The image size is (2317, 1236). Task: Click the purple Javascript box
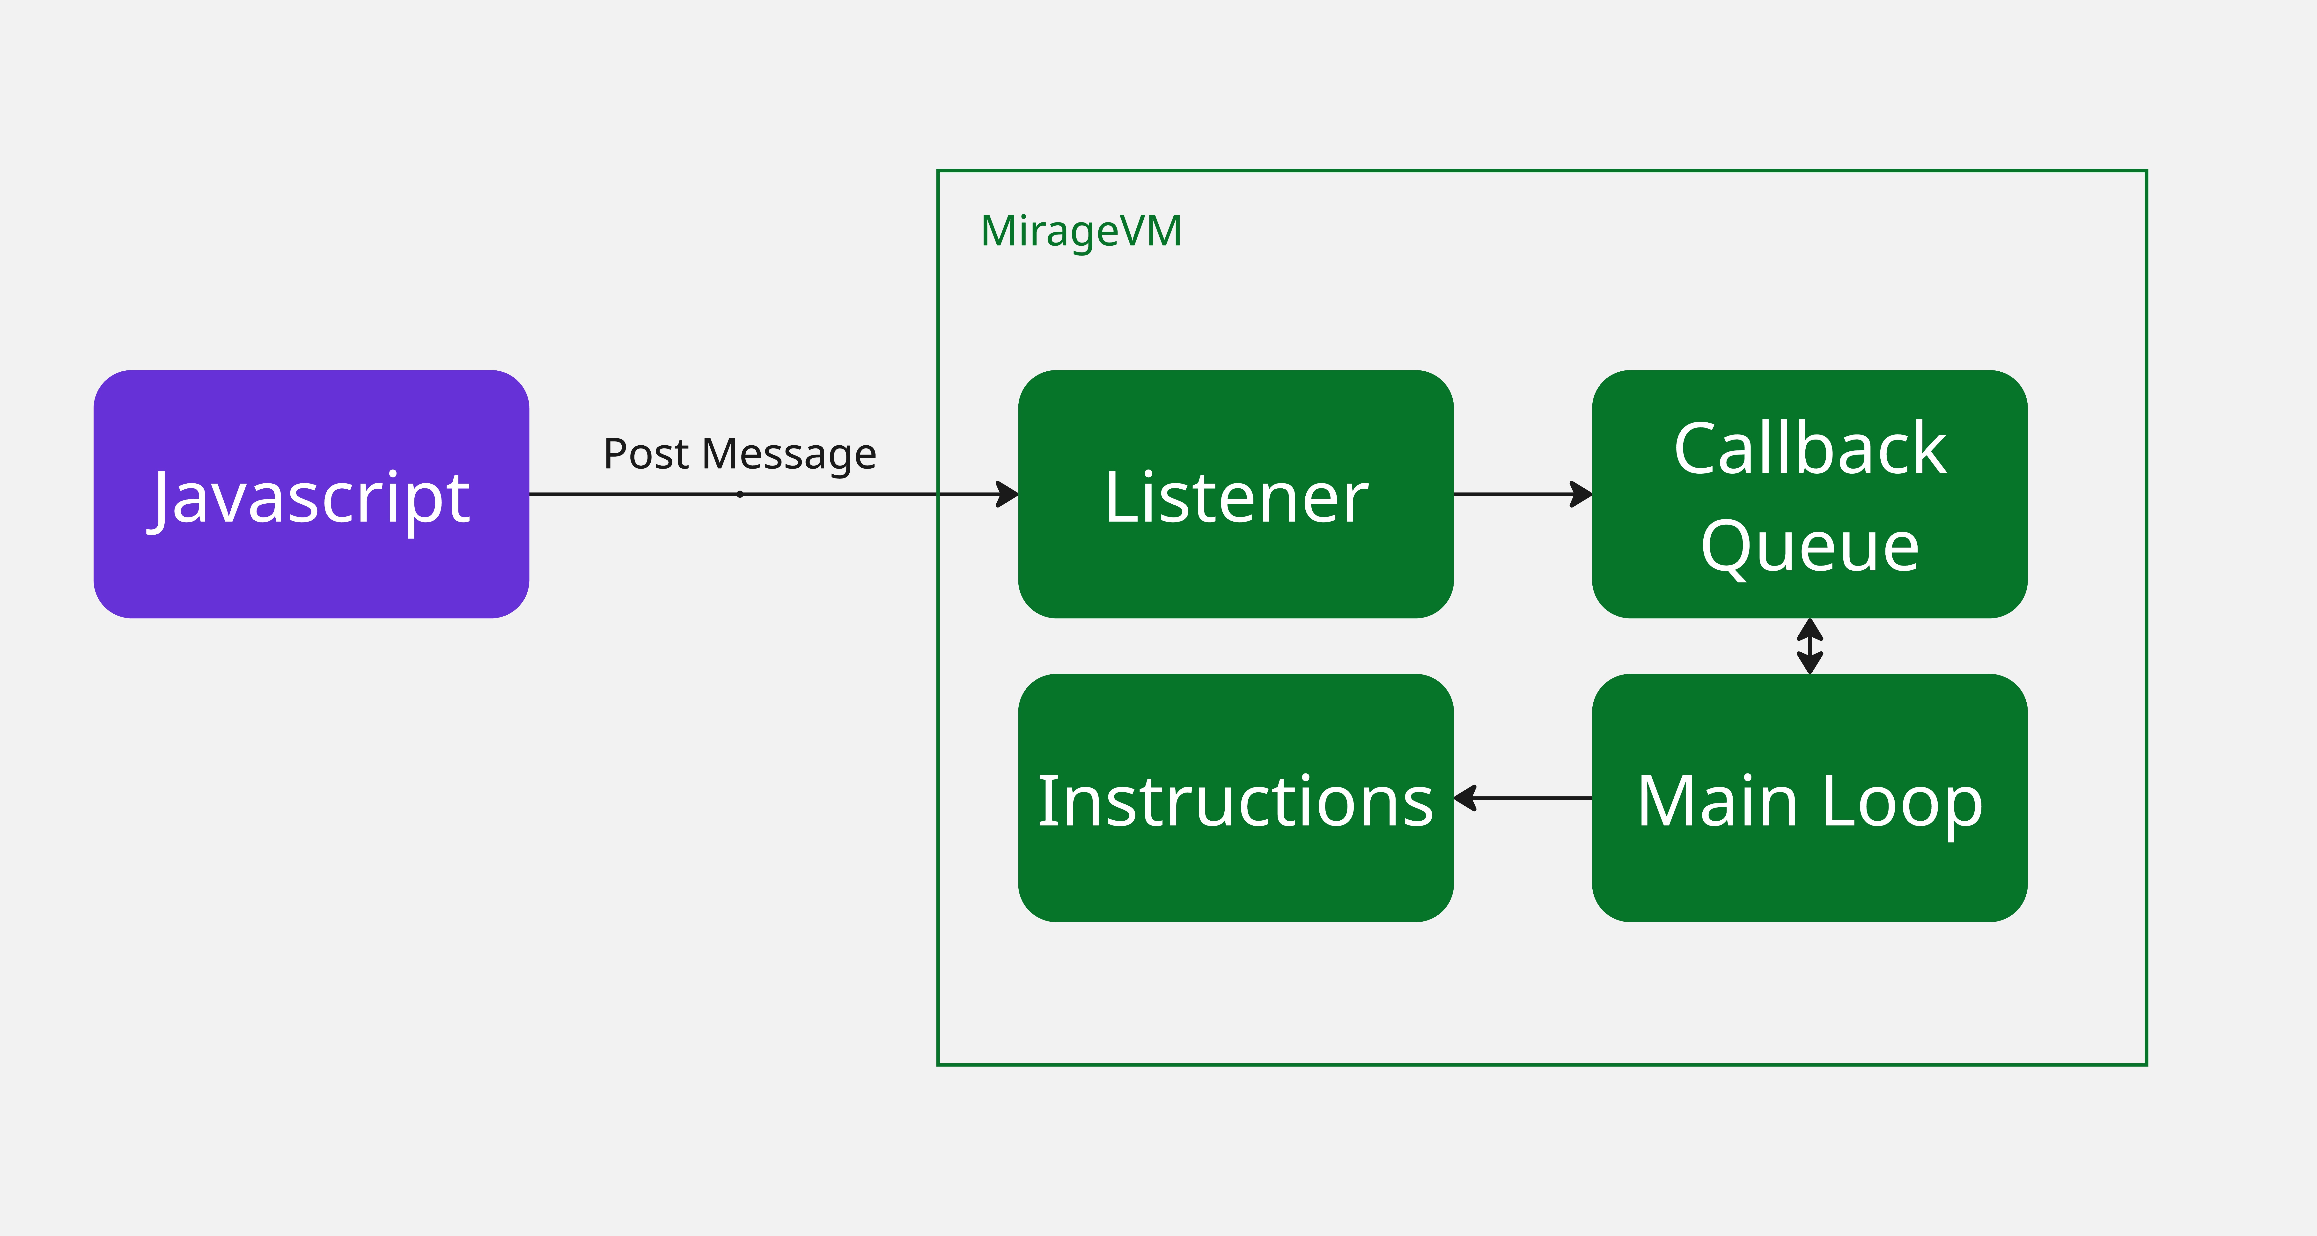click(x=311, y=494)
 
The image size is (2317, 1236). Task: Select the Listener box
click(x=1236, y=494)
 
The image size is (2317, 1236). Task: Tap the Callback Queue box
click(x=1810, y=494)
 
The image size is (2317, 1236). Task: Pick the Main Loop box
click(x=1810, y=798)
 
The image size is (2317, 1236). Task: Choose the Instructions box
click(x=1236, y=798)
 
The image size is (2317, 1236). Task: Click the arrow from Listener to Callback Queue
click(x=1523, y=494)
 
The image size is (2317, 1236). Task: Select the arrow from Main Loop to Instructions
click(x=1523, y=798)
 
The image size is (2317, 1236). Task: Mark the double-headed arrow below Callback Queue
click(x=1810, y=646)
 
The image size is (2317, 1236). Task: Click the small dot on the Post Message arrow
click(x=739, y=494)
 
